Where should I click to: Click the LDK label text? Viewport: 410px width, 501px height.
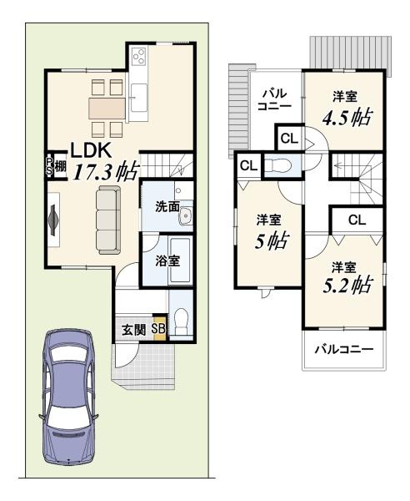click(x=91, y=150)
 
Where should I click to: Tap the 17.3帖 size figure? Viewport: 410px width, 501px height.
click(x=107, y=170)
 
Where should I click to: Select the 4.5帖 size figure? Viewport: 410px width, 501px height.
click(x=347, y=118)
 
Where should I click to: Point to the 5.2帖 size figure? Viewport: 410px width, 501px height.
click(x=347, y=285)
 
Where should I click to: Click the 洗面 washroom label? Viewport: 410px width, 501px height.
click(x=167, y=207)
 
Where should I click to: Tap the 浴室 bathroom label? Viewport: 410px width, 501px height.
click(x=167, y=261)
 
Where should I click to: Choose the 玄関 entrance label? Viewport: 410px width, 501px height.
click(x=134, y=330)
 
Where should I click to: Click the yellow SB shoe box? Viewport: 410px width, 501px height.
click(x=159, y=329)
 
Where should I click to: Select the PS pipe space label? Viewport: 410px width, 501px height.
click(x=49, y=166)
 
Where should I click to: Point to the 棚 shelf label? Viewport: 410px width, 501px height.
click(x=60, y=166)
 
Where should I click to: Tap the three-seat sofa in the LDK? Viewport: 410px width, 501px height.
click(x=108, y=220)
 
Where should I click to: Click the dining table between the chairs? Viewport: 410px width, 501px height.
click(x=107, y=109)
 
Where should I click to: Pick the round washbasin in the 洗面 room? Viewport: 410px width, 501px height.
click(x=186, y=216)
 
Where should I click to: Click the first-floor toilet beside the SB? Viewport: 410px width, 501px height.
click(x=182, y=321)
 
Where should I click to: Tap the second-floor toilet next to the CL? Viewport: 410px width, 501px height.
click(x=278, y=166)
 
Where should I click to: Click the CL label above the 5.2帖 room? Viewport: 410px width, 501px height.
click(x=357, y=220)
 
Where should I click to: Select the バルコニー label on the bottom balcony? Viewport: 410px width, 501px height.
click(x=344, y=349)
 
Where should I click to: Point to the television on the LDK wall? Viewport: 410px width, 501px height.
click(x=53, y=220)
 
